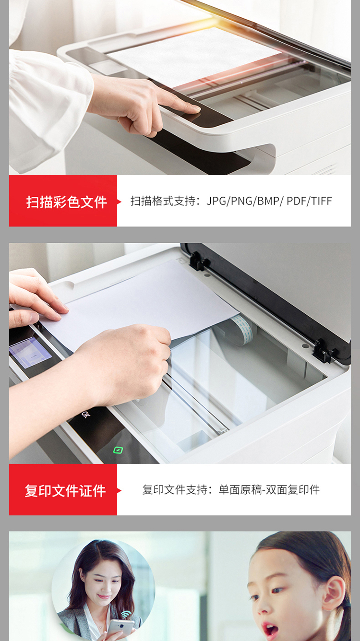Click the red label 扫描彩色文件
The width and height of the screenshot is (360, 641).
[67, 202]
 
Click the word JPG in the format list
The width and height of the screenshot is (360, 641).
[216, 201]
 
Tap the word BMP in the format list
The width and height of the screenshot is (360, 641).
[268, 201]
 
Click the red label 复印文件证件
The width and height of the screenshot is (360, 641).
[65, 491]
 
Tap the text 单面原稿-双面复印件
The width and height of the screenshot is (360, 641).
[269, 489]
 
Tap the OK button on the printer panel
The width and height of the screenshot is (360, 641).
[85, 414]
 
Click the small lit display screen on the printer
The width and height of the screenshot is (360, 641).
[30, 352]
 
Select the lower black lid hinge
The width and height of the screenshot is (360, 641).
[324, 351]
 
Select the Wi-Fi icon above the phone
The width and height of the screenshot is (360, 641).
[125, 614]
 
